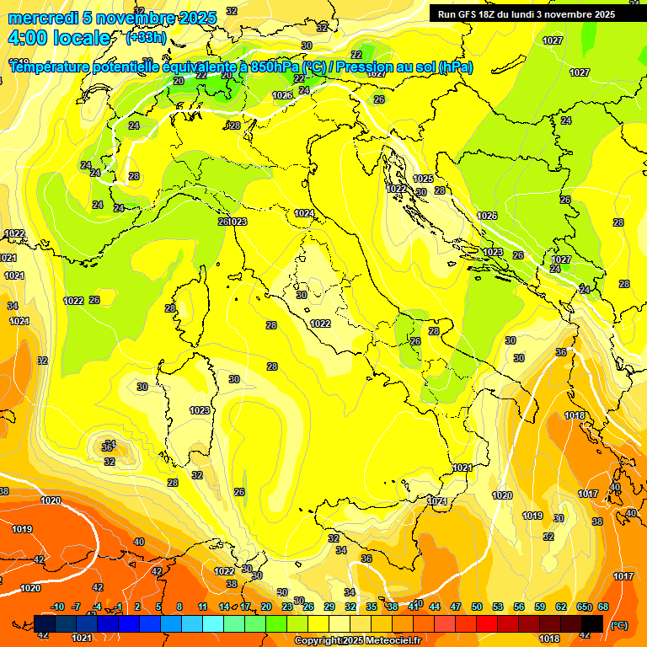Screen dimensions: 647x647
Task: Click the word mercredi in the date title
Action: [x=42, y=17]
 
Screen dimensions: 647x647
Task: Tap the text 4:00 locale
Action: [x=59, y=38]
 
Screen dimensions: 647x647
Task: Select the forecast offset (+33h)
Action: [x=146, y=38]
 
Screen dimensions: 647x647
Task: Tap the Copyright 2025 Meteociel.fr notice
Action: [x=357, y=640]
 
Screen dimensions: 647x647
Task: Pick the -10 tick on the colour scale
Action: [x=57, y=607]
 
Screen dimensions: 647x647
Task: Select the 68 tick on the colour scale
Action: [x=603, y=607]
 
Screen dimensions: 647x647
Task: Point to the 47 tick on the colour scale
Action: [x=456, y=607]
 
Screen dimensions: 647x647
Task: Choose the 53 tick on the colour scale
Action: [x=498, y=607]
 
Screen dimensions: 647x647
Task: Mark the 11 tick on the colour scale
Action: [x=203, y=607]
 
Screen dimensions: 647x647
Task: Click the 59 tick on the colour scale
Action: [x=540, y=607]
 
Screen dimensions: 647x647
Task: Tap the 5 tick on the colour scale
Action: [x=158, y=607]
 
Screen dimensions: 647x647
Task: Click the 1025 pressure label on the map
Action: [x=423, y=179]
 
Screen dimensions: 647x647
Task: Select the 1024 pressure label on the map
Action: [x=304, y=214]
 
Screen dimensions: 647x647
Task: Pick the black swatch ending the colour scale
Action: [x=592, y=623]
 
